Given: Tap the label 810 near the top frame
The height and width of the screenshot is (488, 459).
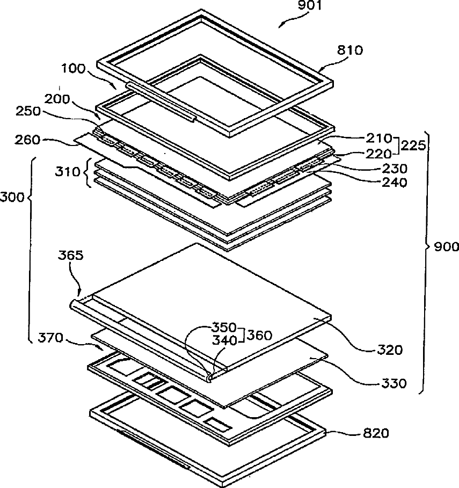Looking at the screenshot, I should pos(350,51).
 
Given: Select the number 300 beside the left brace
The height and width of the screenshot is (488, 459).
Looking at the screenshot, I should pos(13,198).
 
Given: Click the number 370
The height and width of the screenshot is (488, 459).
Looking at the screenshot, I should pos(49,338).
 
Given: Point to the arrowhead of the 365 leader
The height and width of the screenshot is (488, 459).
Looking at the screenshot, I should pos(82,295).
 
